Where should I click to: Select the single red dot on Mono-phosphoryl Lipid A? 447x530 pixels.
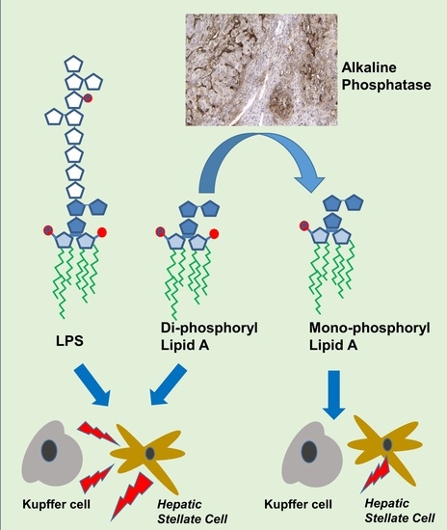click(305, 227)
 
